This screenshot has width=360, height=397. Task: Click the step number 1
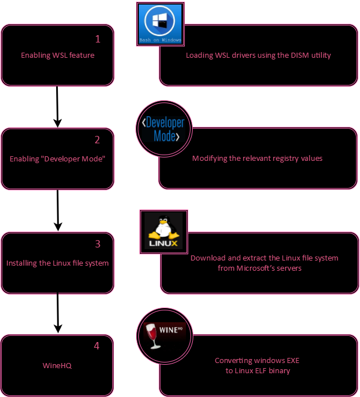98,39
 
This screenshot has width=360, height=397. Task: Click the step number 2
98,140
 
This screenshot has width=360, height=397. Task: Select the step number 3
98,244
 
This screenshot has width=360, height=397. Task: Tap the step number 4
96,346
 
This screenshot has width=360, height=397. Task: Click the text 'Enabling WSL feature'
57,56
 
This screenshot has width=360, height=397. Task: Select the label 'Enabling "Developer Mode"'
58,159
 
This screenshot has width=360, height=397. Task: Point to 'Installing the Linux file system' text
57,263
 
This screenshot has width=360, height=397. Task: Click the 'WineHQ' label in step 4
57,366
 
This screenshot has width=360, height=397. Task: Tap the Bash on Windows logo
160,23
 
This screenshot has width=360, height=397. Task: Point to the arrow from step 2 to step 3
58,210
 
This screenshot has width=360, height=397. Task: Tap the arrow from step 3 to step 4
57,312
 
